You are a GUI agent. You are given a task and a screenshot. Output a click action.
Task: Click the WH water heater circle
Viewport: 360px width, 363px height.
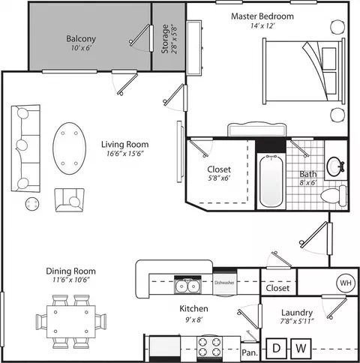346,283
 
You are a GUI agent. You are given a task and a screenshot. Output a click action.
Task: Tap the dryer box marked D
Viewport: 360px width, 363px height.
276,348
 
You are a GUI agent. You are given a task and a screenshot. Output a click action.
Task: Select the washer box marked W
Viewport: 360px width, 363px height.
301,348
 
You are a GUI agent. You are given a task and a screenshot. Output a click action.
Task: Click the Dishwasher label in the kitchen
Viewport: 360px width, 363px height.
224,283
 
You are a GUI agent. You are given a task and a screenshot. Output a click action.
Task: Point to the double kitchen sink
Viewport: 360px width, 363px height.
187,286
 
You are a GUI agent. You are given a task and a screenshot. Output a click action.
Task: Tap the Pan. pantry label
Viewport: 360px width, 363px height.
250,352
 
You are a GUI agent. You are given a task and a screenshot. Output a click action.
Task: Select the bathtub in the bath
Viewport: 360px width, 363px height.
271,181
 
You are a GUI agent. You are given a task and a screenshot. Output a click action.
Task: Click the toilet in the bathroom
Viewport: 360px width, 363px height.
334,196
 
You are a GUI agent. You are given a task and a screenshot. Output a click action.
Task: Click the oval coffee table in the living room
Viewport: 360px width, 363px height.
69,148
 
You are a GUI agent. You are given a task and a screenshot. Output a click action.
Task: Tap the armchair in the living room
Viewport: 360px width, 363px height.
70,200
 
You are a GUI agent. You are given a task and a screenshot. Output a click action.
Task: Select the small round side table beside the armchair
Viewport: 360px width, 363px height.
32,204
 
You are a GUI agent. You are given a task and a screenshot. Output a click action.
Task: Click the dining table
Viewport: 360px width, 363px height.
71,322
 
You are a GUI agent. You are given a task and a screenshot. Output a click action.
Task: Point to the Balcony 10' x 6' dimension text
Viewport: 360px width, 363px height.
80,48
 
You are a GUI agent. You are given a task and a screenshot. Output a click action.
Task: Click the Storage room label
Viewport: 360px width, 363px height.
165,39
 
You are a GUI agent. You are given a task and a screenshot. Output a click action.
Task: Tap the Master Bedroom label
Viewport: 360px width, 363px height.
262,16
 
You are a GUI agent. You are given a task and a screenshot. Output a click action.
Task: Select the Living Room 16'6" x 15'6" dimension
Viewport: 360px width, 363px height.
125,153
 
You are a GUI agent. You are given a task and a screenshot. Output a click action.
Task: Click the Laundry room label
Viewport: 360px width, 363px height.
297,313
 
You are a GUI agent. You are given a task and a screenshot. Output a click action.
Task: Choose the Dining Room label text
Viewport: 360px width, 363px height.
70,271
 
